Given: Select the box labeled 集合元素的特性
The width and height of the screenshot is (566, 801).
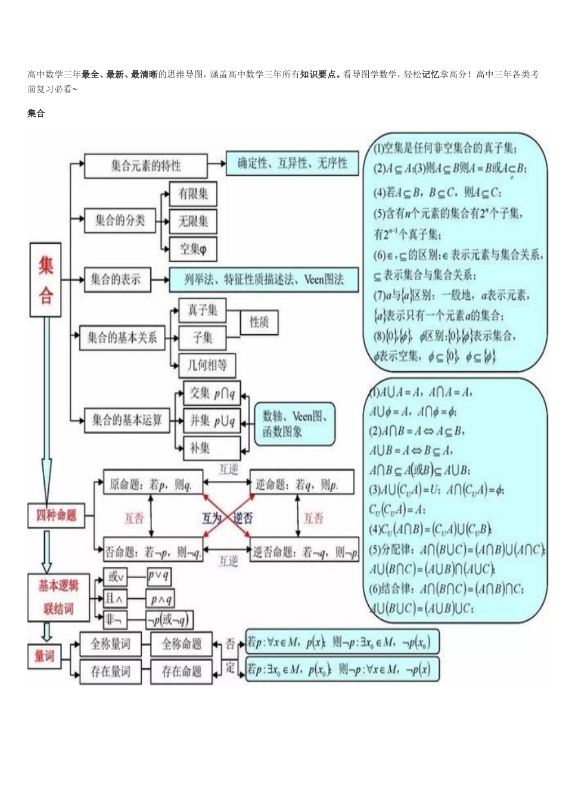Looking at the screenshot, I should [145, 166].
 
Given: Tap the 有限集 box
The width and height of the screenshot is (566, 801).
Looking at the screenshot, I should [193, 194].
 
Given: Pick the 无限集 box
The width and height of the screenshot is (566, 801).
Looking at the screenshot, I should [193, 222].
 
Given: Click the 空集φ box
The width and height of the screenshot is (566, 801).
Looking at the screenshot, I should [193, 249].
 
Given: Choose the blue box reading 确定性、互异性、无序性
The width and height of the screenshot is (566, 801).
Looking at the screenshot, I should [293, 163].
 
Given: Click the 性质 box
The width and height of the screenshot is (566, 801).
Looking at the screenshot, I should [259, 322].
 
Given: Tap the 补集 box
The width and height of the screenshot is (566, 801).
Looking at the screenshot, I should [211, 448].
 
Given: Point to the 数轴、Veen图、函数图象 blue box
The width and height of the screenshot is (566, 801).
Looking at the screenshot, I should [294, 424].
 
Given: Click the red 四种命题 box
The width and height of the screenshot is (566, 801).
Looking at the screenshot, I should [57, 515].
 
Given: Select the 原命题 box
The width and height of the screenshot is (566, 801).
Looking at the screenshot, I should [153, 484].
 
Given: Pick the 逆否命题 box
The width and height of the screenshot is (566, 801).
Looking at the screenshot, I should [304, 552].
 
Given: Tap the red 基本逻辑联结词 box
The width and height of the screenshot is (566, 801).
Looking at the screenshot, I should [58, 597].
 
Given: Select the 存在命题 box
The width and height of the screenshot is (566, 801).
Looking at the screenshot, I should [182, 672].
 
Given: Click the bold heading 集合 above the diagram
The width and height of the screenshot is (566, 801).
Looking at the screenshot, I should [36, 113].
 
